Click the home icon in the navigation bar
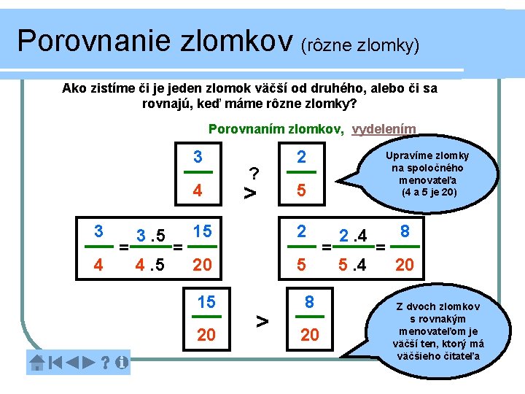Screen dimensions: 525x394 click(x=36, y=362)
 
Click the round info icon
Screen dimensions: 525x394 click(x=121, y=362)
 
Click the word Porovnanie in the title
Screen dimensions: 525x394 click(x=95, y=41)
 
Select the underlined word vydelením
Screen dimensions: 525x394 click(x=384, y=129)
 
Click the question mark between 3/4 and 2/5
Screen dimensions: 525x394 click(x=254, y=174)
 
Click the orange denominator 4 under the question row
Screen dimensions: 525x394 click(x=197, y=191)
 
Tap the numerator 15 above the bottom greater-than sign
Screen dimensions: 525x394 click(x=206, y=301)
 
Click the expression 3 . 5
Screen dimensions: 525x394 click(x=152, y=236)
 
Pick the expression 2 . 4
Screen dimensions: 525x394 click(x=352, y=234)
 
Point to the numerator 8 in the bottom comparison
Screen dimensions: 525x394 click(x=309, y=301)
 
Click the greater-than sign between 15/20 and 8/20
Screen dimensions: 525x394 click(x=262, y=320)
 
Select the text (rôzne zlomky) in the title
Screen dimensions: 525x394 click(x=359, y=46)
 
